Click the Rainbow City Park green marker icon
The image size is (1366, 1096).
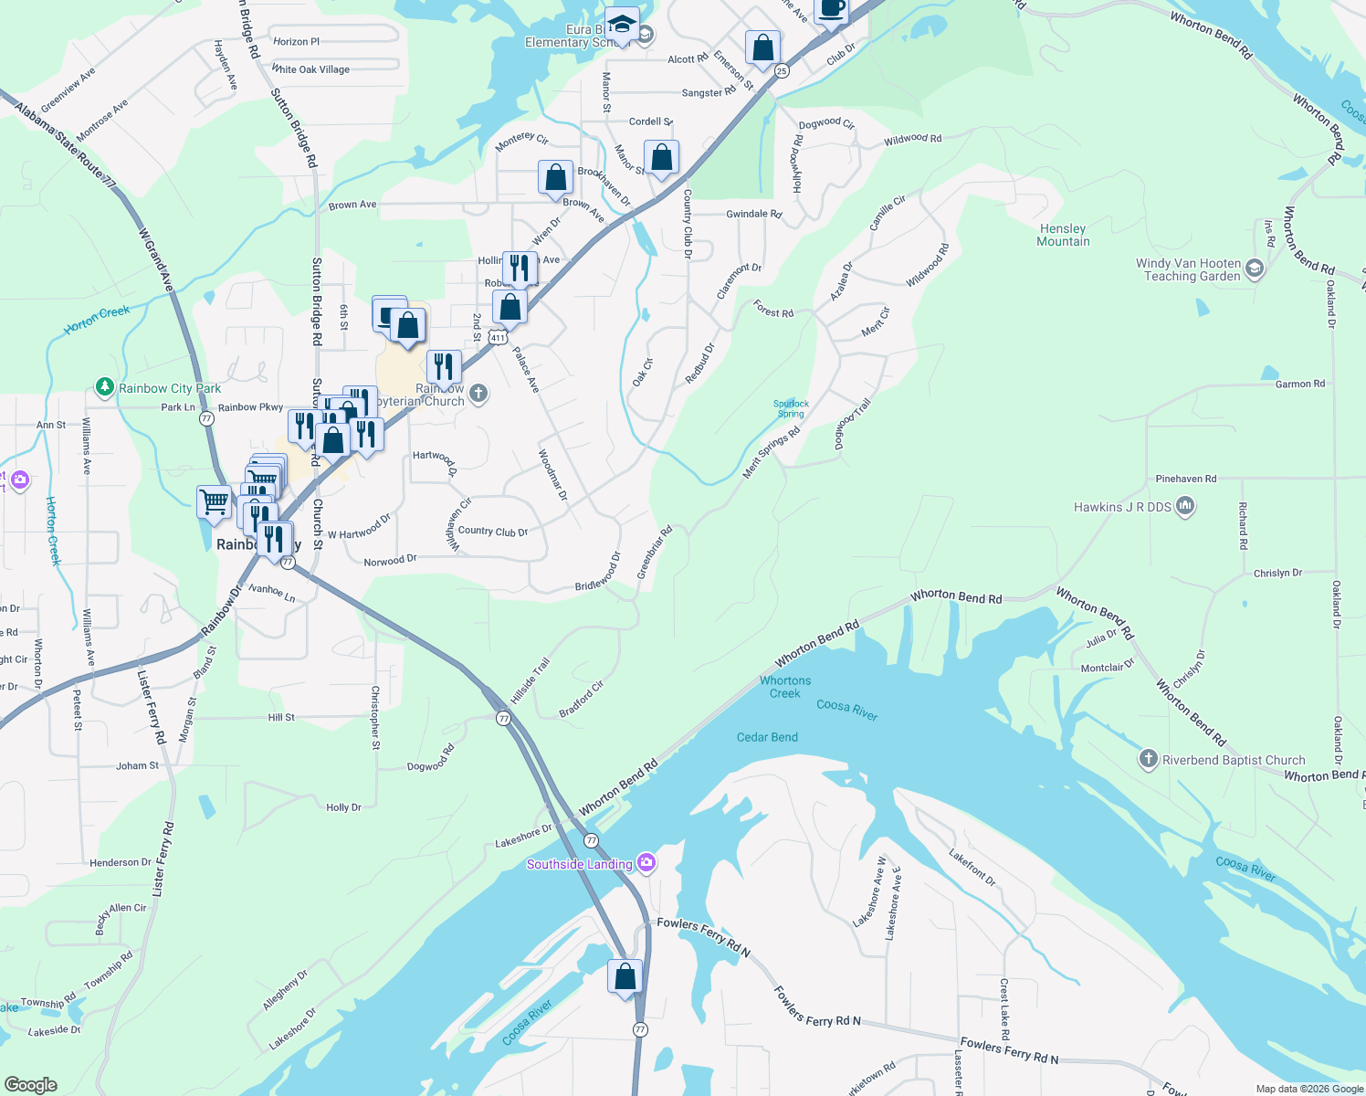click(x=105, y=388)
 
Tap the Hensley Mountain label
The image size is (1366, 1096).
click(x=1063, y=236)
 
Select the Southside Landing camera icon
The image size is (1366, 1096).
click(x=646, y=863)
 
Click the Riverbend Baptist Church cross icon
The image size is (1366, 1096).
click(x=1148, y=759)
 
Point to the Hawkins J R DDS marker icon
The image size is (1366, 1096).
click(x=1185, y=506)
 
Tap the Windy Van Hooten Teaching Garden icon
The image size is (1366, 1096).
click(x=1255, y=269)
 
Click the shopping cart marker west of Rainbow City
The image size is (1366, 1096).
click(x=214, y=501)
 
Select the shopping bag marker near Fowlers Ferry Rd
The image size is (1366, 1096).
click(x=625, y=976)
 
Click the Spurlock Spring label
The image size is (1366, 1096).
click(x=791, y=408)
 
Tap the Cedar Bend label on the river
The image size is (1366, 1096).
click(x=767, y=737)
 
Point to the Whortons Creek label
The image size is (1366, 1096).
click(x=785, y=687)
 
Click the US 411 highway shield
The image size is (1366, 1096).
click(x=498, y=338)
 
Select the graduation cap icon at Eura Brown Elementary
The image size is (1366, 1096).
click(x=622, y=25)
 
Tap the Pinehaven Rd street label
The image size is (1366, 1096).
click(x=1185, y=479)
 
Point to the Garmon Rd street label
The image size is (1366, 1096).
click(x=1299, y=385)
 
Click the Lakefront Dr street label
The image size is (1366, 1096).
click(x=972, y=868)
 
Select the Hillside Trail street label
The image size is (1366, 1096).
click(x=531, y=681)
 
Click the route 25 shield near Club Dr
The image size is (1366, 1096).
click(x=781, y=70)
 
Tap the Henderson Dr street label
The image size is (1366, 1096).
click(x=121, y=862)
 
